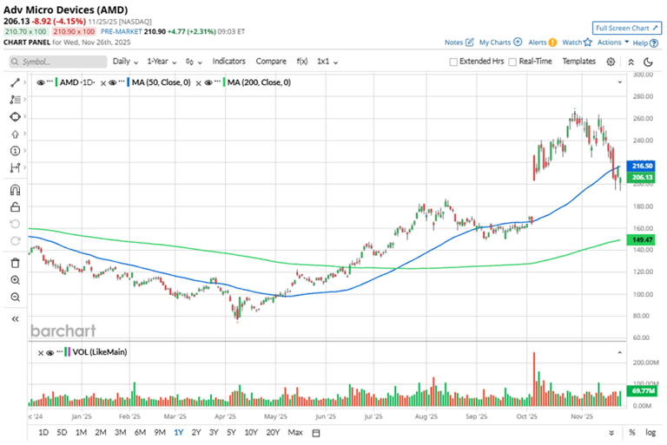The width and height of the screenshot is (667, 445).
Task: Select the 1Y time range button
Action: [178, 432]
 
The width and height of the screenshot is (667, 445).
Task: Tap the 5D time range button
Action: [62, 432]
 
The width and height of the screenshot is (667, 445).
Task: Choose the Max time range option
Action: [295, 432]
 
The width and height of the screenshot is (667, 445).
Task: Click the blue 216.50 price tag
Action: [642, 165]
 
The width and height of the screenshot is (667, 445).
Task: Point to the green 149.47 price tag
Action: [642, 239]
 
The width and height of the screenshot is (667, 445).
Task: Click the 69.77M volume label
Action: [642, 392]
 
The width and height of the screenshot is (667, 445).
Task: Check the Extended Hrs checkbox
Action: [453, 62]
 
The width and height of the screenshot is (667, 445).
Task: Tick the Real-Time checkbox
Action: [512, 62]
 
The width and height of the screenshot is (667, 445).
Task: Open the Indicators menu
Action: [228, 62]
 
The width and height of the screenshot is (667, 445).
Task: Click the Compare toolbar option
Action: [271, 62]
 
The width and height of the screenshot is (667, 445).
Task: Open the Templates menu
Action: [578, 62]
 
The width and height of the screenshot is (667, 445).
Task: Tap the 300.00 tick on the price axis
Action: [643, 75]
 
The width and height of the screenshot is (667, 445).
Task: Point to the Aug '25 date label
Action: [426, 416]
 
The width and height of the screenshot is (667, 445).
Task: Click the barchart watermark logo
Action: [63, 330]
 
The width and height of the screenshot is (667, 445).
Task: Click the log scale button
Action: [650, 432]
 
